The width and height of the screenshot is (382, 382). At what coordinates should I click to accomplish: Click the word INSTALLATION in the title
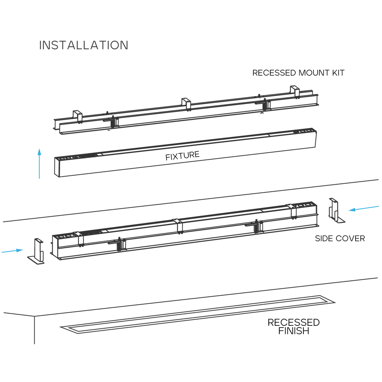(83, 45)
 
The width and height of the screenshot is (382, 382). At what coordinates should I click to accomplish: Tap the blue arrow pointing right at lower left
(13, 251)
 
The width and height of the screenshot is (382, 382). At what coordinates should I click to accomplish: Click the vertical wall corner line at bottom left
(34, 331)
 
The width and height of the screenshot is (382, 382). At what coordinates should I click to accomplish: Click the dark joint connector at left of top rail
(114, 122)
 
